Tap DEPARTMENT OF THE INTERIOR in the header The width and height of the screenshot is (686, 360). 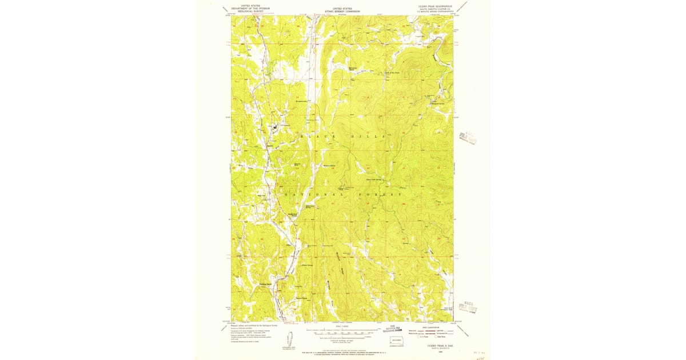pyautogui.click(x=250, y=8)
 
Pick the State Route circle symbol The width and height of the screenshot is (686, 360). pyautogui.click(x=436, y=337)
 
